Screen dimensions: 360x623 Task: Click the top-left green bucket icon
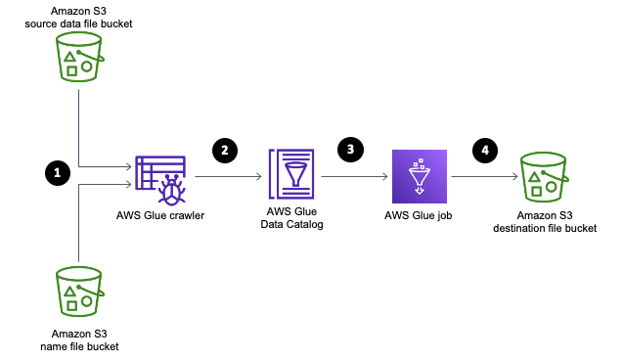[78, 57]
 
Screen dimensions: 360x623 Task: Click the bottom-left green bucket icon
[78, 292]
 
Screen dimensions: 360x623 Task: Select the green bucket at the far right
[543, 177]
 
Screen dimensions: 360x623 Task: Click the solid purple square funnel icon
[420, 176]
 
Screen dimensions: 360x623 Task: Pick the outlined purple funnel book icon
[291, 174]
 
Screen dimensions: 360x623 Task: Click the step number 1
[57, 173]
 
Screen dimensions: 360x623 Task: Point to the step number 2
[225, 151]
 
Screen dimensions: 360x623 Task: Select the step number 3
[350, 150]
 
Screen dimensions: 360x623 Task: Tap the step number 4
[485, 151]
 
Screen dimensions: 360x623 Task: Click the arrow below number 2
[228, 177]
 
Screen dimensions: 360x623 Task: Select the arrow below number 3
[354, 177]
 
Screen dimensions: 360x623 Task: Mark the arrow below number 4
[484, 177]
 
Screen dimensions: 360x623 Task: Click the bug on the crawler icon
[171, 191]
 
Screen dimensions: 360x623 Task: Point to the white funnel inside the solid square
[420, 177]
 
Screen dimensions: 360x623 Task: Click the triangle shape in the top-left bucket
[69, 58]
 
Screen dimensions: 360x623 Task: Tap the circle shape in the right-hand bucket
[551, 187]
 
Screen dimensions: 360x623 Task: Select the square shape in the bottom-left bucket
[71, 305]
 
